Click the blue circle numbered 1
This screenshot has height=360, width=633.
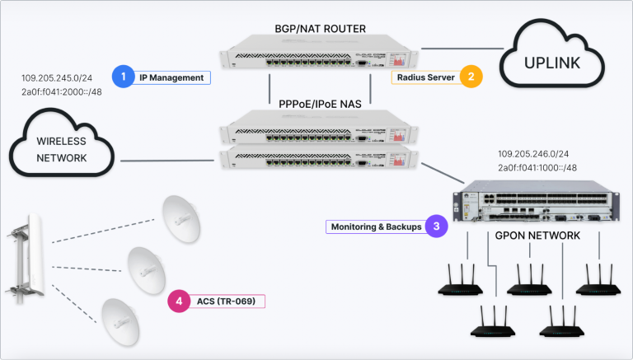click(x=123, y=77)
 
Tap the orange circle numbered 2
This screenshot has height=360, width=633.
click(x=471, y=77)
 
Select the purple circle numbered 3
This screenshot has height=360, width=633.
click(x=436, y=226)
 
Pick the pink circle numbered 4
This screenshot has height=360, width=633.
click(x=179, y=302)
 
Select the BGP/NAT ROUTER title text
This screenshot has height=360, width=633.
click(x=320, y=29)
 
